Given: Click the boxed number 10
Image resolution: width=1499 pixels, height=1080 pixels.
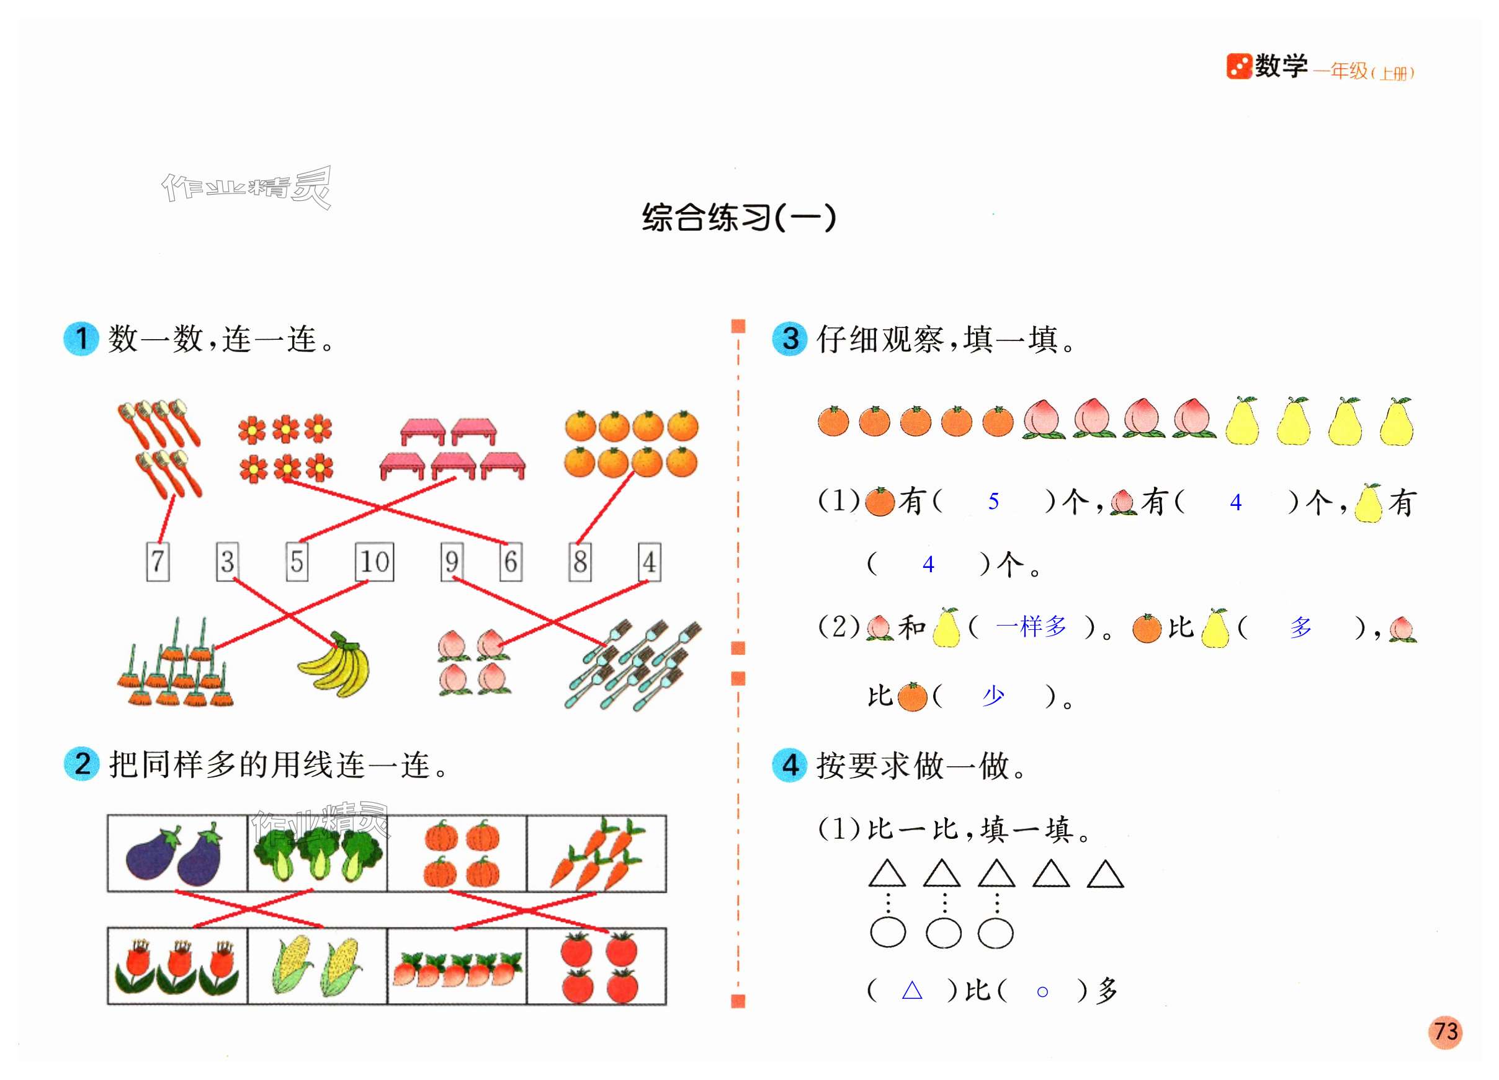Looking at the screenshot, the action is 375,562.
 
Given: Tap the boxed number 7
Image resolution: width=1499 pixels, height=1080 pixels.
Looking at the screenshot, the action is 158,562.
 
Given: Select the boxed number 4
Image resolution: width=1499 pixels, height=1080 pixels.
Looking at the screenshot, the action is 650,562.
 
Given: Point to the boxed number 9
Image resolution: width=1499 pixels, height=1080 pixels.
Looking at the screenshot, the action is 452,562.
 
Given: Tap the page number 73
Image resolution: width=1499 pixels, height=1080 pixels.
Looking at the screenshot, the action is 1446,1032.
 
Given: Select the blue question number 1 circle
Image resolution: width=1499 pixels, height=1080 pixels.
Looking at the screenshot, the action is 81,339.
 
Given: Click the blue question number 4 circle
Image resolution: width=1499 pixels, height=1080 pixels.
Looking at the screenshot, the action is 790,765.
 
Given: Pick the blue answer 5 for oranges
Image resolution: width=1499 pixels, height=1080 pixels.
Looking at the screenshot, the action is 993,502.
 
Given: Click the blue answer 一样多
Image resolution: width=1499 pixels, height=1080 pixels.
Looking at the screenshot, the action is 1031,626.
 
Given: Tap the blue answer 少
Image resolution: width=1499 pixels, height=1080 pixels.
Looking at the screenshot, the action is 993,696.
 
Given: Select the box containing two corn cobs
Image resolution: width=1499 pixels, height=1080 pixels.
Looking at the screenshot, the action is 317,967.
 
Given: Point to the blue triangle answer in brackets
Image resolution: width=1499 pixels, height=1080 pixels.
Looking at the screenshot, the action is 912,990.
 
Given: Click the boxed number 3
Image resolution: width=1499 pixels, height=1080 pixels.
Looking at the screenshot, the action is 227,562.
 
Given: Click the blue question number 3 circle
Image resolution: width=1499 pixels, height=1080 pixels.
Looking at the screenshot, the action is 790,339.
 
